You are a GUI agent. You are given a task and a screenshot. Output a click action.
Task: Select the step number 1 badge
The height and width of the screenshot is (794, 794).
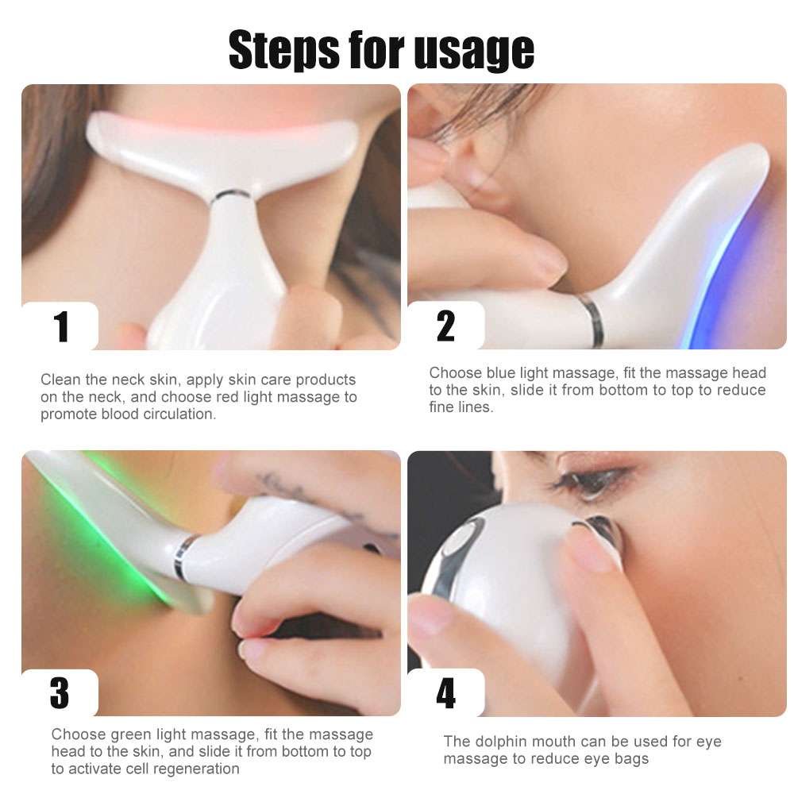[x=60, y=327]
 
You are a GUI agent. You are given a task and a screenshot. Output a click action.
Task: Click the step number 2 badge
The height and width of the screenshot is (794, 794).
[x=445, y=326]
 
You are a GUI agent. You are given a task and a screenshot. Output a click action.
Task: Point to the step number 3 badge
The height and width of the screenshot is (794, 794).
[x=60, y=692]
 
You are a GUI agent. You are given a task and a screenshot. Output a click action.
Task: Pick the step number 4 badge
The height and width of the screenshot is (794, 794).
[x=445, y=693]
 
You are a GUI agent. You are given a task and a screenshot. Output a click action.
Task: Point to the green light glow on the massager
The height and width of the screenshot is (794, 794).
[x=103, y=540]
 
